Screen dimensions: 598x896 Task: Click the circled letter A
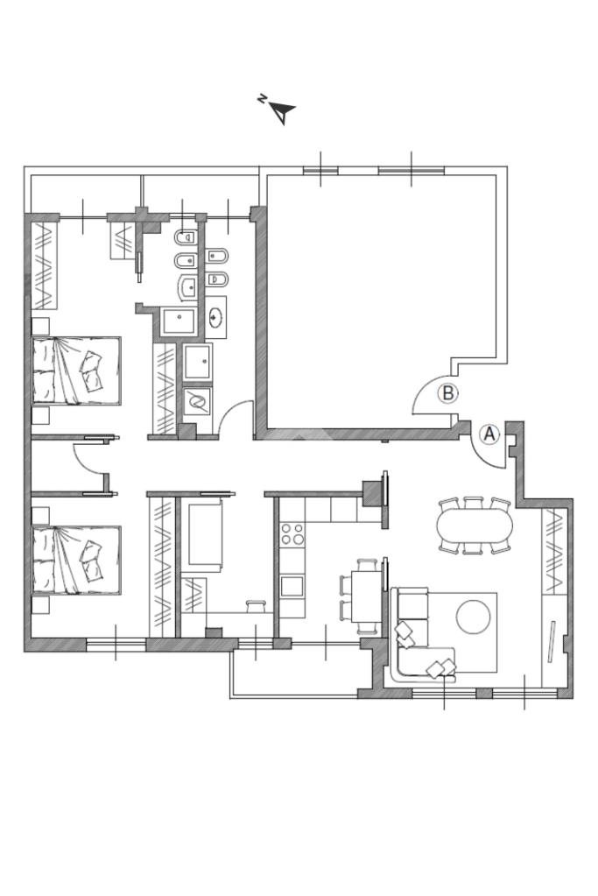(489, 434)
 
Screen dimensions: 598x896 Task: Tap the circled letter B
(448, 394)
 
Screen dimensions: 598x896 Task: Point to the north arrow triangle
(283, 113)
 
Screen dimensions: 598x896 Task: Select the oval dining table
(475, 526)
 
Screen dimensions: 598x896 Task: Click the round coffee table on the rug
(473, 617)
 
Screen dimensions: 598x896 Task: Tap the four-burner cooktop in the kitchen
(292, 533)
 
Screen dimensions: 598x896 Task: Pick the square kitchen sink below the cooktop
(292, 586)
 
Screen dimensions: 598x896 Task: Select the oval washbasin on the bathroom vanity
(216, 318)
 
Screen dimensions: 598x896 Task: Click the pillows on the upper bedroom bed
(92, 370)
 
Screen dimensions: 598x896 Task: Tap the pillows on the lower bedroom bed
(92, 560)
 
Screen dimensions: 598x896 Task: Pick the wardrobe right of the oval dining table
(554, 552)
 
